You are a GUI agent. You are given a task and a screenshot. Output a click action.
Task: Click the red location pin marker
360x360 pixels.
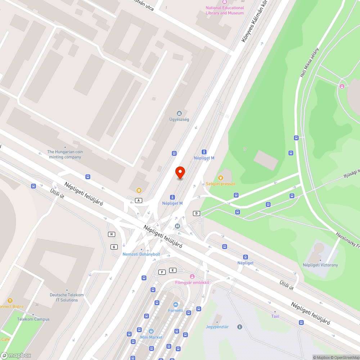pyautogui.click(x=180, y=172)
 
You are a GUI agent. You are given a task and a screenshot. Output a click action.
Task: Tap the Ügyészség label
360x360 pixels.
pyautogui.click(x=179, y=120)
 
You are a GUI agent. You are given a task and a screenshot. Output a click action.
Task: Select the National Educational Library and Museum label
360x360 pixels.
pyautogui.click(x=225, y=10)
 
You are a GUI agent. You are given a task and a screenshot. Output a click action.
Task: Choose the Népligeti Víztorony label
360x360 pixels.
pyautogui.click(x=320, y=265)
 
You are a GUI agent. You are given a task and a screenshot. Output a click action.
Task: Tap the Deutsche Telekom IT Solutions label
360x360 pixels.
pyautogui.click(x=67, y=297)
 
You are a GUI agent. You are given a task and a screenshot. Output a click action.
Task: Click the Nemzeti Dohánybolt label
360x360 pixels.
pyautogui.click(x=141, y=254)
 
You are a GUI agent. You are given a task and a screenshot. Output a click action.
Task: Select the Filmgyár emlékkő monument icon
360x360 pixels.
pyautogui.click(x=192, y=276)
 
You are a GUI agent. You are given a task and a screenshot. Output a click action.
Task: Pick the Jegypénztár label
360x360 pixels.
pyautogui.click(x=217, y=327)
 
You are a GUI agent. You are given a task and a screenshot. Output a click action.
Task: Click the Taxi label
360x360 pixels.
pyautogui.click(x=275, y=316)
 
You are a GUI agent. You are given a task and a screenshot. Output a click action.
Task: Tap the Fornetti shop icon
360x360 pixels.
pyautogui.click(x=176, y=305)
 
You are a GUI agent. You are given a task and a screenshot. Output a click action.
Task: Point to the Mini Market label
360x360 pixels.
pyautogui.click(x=151, y=337)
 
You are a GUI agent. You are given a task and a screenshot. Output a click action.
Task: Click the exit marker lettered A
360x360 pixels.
pyautogui.click(x=139, y=200)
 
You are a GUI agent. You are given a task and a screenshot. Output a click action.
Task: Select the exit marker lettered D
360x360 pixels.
pyautogui.click(x=196, y=213)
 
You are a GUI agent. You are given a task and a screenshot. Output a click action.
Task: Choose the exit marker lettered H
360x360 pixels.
pyautogui.click(x=112, y=234)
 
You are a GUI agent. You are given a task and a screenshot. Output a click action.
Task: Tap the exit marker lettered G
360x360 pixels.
pyautogui.click(x=114, y=247)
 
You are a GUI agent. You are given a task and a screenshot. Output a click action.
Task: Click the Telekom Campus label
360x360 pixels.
pyautogui.click(x=33, y=319)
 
